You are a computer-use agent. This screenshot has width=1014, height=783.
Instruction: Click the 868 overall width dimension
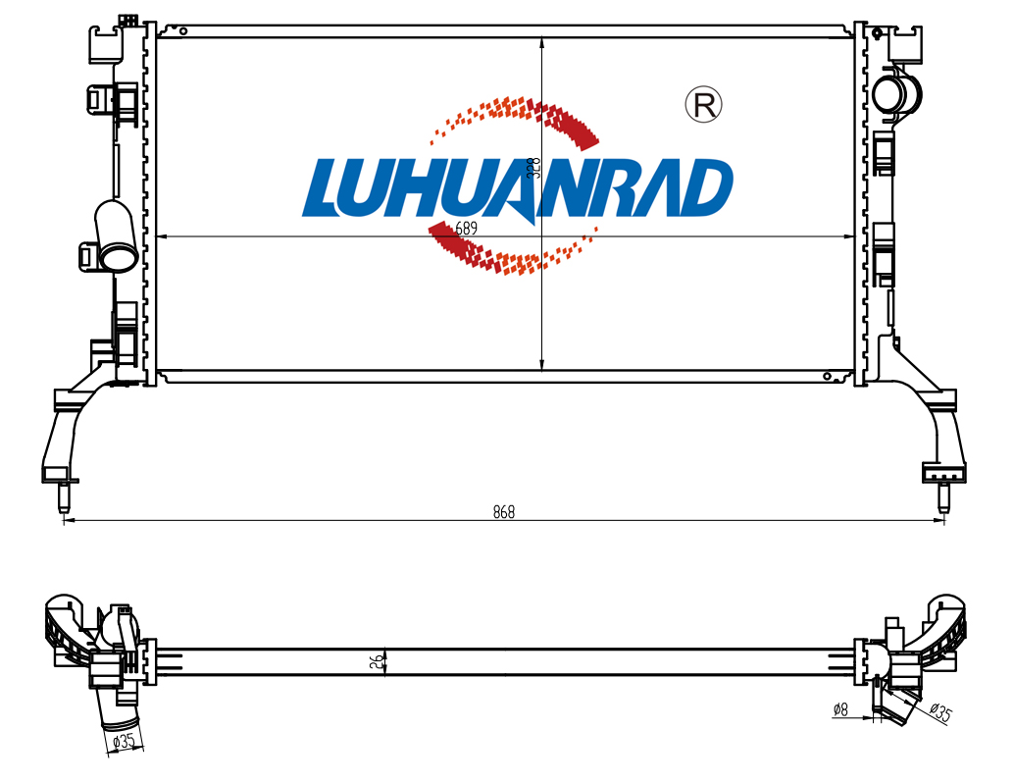pos(504,512)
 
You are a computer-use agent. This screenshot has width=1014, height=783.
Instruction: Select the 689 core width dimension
pos(466,228)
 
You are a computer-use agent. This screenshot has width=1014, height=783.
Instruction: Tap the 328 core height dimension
pos(534,168)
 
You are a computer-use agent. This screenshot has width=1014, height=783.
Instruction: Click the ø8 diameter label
pos(840,709)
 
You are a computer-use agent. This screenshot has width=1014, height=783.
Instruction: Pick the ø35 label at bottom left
pos(124,741)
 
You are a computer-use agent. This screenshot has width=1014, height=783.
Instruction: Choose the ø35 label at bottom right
pos(940,711)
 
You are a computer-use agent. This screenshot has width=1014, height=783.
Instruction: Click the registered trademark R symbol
pos(703,104)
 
